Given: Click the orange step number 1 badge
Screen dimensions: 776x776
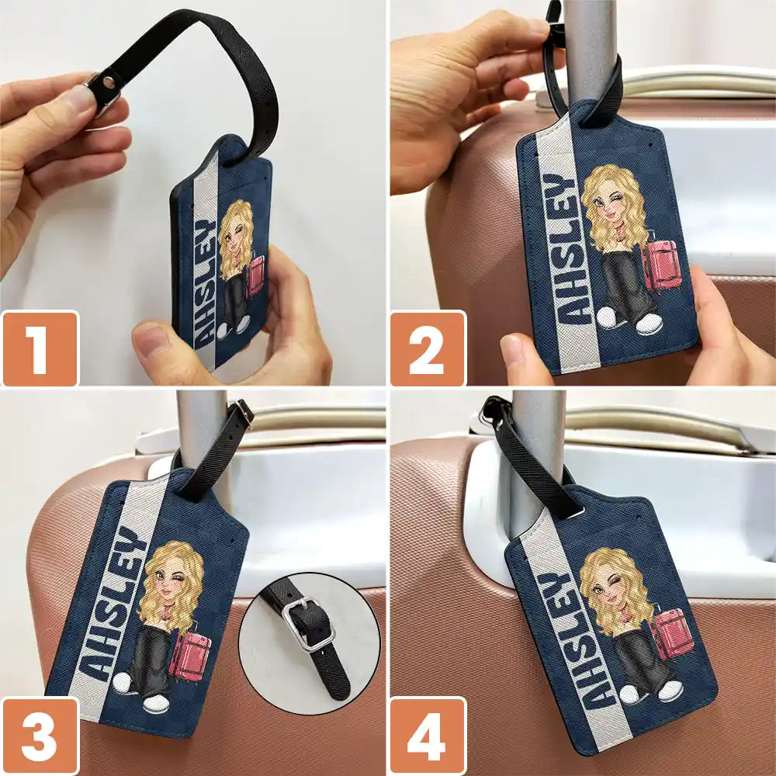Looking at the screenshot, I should coord(40,348).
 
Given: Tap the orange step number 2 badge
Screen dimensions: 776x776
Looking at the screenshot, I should coord(428,348).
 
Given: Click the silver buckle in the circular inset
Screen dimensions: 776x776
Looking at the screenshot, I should coord(307,622).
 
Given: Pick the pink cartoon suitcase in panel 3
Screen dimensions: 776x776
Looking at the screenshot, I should coord(189,656).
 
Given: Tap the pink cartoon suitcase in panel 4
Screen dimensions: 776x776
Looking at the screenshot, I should coord(670,633).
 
